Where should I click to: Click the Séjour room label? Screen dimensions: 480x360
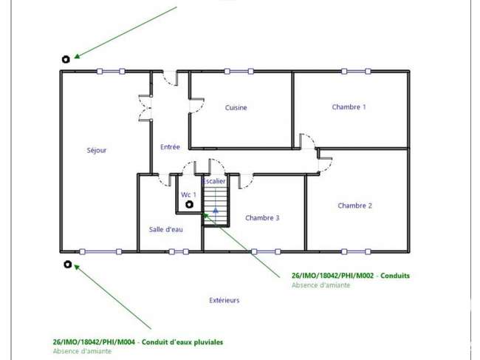[97, 151]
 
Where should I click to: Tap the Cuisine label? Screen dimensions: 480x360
[236, 107]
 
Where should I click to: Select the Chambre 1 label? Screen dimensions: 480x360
[349, 107]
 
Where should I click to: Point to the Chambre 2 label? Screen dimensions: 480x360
[354, 206]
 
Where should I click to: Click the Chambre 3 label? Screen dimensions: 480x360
[262, 218]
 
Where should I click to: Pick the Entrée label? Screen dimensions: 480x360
[170, 147]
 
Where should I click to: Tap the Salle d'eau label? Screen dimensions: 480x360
[166, 229]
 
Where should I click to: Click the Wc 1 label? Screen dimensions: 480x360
[188, 194]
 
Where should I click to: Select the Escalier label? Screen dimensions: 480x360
[214, 181]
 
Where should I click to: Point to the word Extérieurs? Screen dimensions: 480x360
[224, 300]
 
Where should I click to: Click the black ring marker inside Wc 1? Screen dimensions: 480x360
[190, 204]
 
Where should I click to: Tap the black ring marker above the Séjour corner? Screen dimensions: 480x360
[66, 59]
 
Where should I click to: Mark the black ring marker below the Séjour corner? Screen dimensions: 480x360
[68, 264]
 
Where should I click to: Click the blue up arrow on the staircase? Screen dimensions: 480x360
[216, 210]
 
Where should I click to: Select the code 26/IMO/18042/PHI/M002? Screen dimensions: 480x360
[333, 276]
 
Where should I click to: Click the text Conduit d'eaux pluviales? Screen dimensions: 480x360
[182, 342]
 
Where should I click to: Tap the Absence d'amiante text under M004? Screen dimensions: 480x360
[82, 351]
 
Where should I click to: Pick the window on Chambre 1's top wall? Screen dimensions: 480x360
[356, 72]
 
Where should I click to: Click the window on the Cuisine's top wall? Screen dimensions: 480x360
[239, 72]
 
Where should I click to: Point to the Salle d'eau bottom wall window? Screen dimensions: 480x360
[179, 252]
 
